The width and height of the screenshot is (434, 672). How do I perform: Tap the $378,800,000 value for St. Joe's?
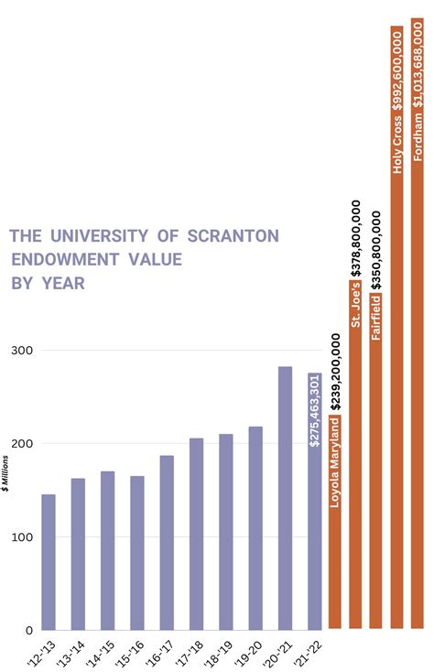[356, 238]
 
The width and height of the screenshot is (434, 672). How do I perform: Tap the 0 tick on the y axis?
[28, 630]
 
